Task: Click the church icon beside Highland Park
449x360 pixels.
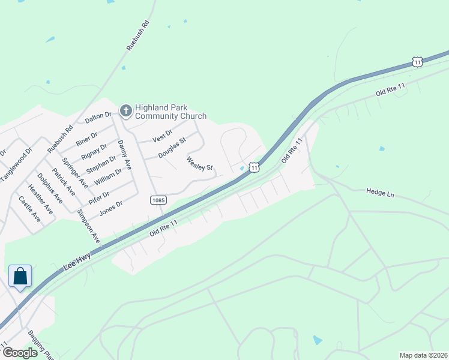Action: click(125, 110)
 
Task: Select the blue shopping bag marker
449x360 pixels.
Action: click(20, 277)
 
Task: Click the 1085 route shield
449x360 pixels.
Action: click(158, 200)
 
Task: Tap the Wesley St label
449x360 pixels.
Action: click(200, 163)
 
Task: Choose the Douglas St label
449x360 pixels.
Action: click(172, 148)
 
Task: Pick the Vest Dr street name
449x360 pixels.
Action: click(162, 136)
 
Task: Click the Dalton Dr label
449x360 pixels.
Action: click(98, 118)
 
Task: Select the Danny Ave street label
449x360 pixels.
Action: click(124, 153)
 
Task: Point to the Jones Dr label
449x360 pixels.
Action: click(110, 208)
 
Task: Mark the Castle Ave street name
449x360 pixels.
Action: click(29, 209)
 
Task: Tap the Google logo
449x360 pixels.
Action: click(20, 352)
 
